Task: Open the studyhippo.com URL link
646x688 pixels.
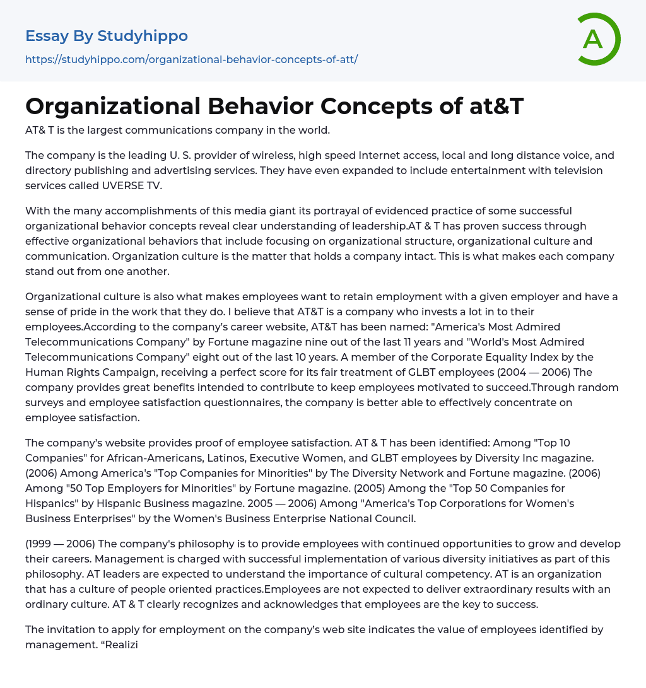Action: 191,59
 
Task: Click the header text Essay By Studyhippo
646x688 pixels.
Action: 107,36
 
